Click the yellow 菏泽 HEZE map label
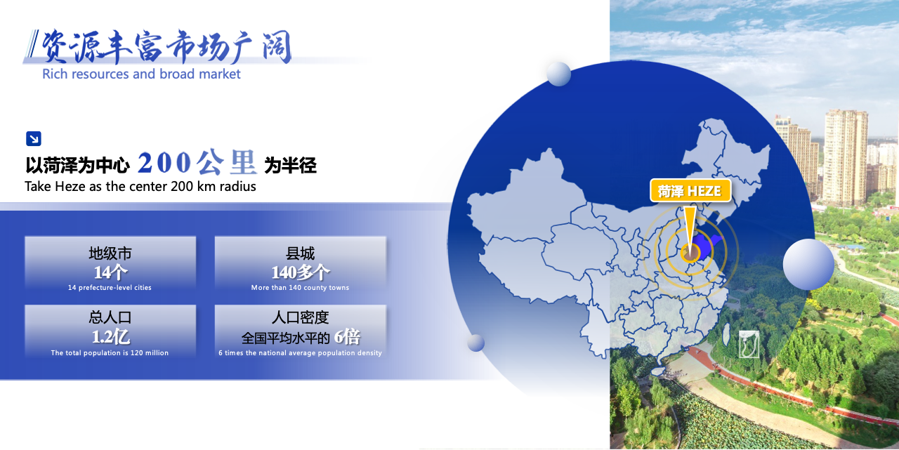click(x=690, y=191)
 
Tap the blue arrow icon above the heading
click(x=34, y=139)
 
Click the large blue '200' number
click(x=164, y=163)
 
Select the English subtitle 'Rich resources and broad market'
click(x=141, y=74)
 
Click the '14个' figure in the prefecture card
click(x=110, y=272)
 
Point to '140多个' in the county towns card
click(x=301, y=272)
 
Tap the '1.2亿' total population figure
click(x=110, y=337)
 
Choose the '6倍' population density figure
click(x=348, y=337)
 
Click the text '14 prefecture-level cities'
click(x=110, y=288)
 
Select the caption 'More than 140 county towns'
click(x=300, y=288)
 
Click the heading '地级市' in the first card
click(x=110, y=253)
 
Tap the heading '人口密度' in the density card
click(x=300, y=317)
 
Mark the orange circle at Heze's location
click(x=690, y=253)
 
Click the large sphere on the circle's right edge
click(x=808, y=264)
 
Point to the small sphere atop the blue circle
click(x=558, y=74)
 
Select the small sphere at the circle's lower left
click(x=476, y=343)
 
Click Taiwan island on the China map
click(x=726, y=334)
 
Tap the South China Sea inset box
click(x=749, y=344)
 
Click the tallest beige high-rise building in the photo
click(x=845, y=157)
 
